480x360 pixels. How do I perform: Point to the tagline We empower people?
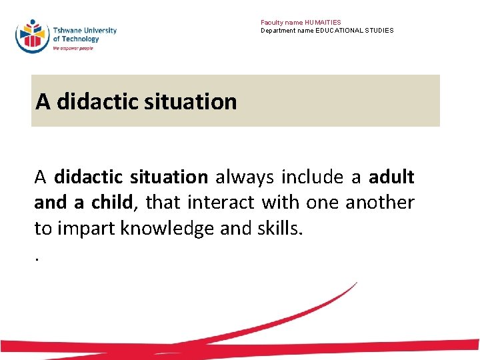click(x=73, y=48)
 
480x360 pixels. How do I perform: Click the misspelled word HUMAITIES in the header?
click(x=323, y=23)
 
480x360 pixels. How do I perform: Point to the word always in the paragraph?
click(x=245, y=177)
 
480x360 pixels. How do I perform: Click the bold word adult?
click(x=391, y=177)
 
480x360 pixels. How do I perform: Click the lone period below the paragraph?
click(x=37, y=256)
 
